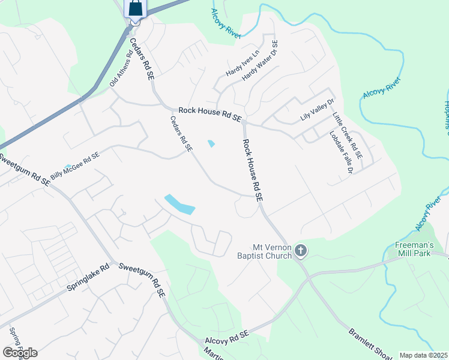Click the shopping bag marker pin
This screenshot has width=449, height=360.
click(135, 9)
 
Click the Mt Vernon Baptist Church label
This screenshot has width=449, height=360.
click(271, 251)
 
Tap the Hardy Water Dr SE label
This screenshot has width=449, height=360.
click(261, 61)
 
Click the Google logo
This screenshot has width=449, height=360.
click(20, 352)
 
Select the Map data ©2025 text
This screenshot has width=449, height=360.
click(423, 355)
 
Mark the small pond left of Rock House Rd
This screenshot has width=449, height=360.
click(211, 143)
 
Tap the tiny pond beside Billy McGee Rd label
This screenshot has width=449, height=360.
click(68, 166)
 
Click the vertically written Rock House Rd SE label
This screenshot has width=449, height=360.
click(253, 170)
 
